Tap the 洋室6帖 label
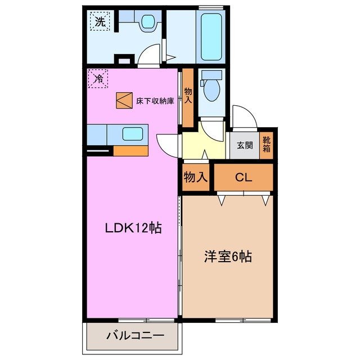(x=227, y=257)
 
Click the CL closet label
(x=243, y=178)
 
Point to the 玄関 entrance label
(x=244, y=146)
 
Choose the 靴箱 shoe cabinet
(x=267, y=145)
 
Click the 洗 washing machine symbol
(x=100, y=22)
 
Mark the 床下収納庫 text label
(x=155, y=101)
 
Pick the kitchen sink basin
(x=132, y=134)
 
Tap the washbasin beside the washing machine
(x=148, y=22)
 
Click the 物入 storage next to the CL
(x=196, y=178)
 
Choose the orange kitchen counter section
(x=130, y=151)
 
